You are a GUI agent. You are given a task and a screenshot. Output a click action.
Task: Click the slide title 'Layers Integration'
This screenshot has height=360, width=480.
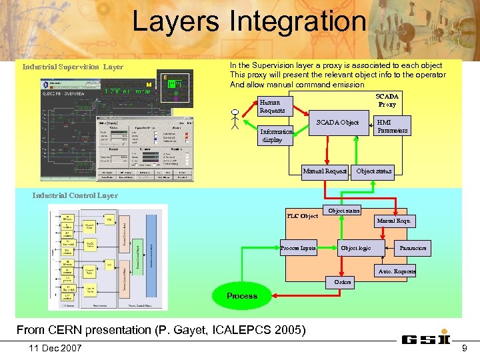pyautogui.click(x=249, y=21)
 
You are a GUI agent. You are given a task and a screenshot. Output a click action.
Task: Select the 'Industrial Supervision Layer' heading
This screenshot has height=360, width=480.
pyautogui.click(x=73, y=67)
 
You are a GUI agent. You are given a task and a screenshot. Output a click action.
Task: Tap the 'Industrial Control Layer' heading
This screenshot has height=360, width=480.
pyautogui.click(x=75, y=195)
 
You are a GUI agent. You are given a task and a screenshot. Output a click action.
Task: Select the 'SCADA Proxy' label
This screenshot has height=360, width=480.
pyautogui.click(x=387, y=100)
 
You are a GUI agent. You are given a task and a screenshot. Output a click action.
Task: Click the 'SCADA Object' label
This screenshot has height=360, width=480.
pyautogui.click(x=337, y=123)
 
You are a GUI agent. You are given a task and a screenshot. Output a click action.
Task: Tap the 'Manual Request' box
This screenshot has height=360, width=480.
pyautogui.click(x=325, y=171)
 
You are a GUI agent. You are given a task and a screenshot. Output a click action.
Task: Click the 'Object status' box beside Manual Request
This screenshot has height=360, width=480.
pyautogui.click(x=374, y=171)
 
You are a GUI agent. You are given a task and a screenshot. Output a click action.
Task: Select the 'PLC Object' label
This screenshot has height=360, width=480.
pyautogui.click(x=302, y=216)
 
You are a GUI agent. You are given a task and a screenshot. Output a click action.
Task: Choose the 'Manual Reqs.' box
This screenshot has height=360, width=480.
pyautogui.click(x=395, y=220)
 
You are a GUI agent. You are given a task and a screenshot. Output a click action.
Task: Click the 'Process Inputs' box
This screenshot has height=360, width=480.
pyautogui.click(x=298, y=248)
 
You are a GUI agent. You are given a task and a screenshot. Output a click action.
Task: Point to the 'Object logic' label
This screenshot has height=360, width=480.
pyautogui.click(x=355, y=248)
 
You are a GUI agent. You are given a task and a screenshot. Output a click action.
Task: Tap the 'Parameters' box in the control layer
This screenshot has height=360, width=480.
pyautogui.click(x=413, y=248)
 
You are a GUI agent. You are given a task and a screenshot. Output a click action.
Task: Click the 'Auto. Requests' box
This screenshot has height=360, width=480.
pyautogui.click(x=396, y=271)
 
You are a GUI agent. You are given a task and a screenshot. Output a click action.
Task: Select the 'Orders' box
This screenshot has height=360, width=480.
pyautogui.click(x=343, y=282)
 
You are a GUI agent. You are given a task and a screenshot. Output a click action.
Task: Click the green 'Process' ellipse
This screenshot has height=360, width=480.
pyautogui.click(x=241, y=295)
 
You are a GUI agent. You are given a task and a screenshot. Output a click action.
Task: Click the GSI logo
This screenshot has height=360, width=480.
pyautogui.click(x=427, y=339)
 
